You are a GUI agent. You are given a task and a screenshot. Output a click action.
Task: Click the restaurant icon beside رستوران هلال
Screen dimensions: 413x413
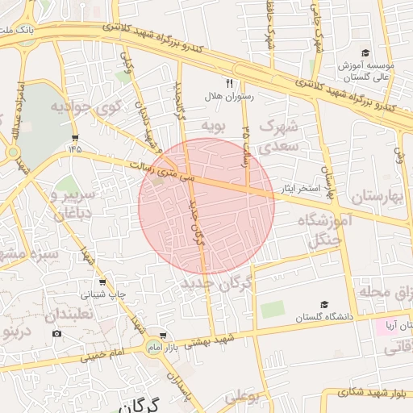(229, 83)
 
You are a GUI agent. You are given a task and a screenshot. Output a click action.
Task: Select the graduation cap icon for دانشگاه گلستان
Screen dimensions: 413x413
(324, 305)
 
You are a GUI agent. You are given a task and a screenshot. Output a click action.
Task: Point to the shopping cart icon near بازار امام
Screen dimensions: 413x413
(164, 335)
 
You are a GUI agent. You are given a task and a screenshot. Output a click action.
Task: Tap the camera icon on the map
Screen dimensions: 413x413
(56, 333)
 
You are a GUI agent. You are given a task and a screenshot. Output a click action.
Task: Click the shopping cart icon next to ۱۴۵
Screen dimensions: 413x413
(75, 137)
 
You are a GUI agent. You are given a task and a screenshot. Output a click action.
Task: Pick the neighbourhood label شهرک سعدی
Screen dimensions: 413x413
(282, 136)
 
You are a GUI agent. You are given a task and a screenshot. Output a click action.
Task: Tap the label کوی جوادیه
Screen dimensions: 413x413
(86, 106)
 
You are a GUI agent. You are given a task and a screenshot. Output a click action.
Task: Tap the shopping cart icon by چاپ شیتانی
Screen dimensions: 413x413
(102, 282)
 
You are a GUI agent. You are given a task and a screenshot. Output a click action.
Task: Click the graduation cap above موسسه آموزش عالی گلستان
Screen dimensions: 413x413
(366, 52)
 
